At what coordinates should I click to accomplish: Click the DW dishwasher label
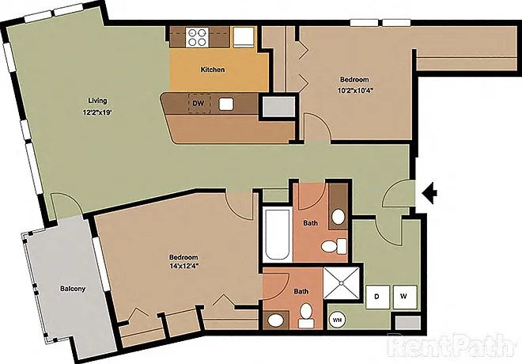pyautogui.click(x=199, y=103)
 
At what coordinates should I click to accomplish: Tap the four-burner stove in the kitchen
pyautogui.click(x=197, y=37)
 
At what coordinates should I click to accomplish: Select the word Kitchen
pyautogui.click(x=213, y=70)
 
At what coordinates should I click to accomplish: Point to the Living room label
pyautogui.click(x=97, y=100)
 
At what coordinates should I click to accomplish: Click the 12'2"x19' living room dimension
pyautogui.click(x=96, y=112)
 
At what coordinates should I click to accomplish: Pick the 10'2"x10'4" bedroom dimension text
pyautogui.click(x=354, y=90)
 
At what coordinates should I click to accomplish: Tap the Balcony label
pyautogui.click(x=73, y=289)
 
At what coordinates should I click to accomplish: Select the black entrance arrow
pyautogui.click(x=429, y=193)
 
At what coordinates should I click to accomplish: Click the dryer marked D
pyautogui.click(x=377, y=297)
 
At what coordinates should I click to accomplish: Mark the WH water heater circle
pyautogui.click(x=337, y=320)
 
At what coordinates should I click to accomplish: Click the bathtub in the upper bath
pyautogui.click(x=278, y=234)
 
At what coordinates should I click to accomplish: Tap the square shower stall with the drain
pyautogui.click(x=342, y=283)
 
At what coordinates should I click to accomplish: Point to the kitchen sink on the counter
pyautogui.click(x=226, y=104)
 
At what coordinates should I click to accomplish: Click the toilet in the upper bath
pyautogui.click(x=334, y=246)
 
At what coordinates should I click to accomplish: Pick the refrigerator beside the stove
pyautogui.click(x=244, y=37)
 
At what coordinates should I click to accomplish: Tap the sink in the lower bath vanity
pyautogui.click(x=276, y=320)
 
